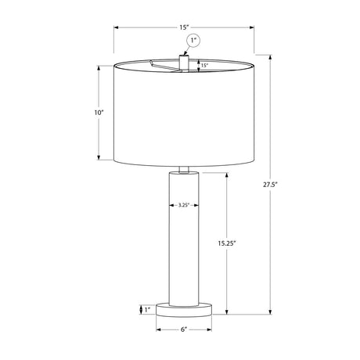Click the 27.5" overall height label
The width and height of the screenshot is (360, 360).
click(x=270, y=185)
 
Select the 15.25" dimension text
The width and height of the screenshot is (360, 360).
click(x=227, y=243)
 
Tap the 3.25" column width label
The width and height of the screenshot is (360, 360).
click(x=184, y=205)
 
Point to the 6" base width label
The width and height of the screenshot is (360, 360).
click(x=184, y=329)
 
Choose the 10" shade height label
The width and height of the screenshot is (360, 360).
click(x=99, y=113)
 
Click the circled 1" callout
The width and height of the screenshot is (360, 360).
click(x=194, y=41)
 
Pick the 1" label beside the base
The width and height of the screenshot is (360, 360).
click(x=148, y=310)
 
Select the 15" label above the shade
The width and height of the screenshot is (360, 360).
click(x=184, y=27)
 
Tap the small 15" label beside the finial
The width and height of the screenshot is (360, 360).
click(x=204, y=66)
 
